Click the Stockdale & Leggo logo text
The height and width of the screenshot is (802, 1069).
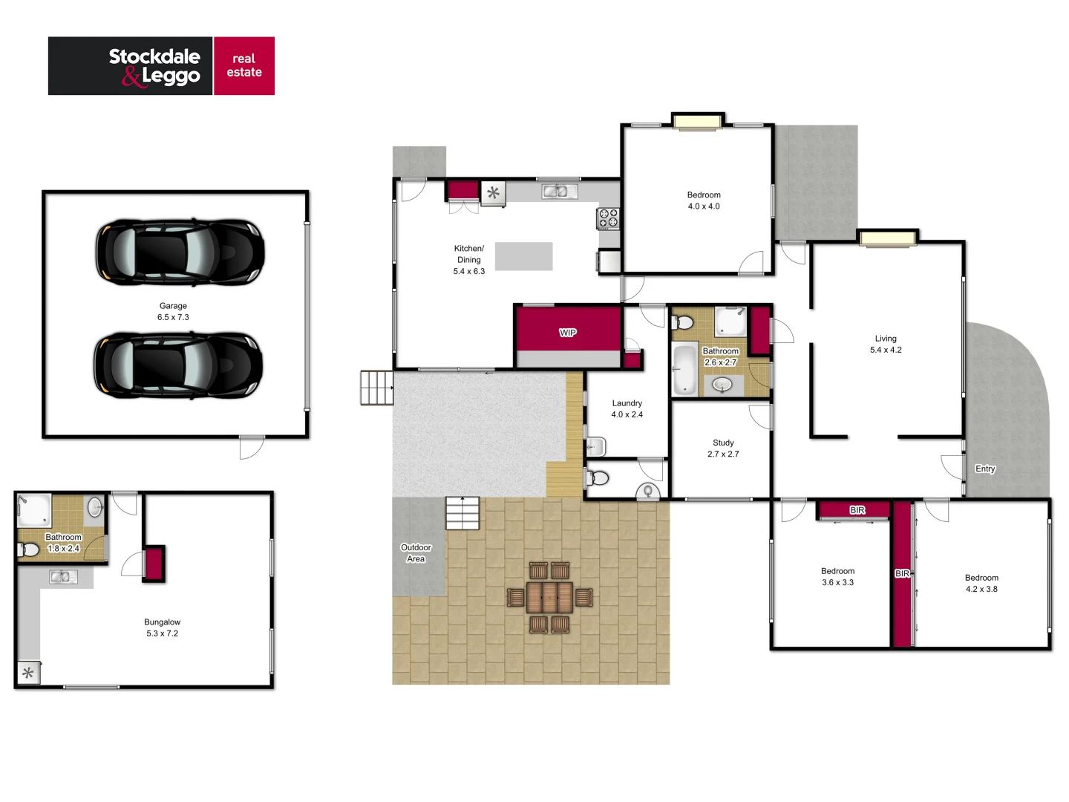tap(154, 66)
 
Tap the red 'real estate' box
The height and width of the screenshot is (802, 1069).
tap(244, 65)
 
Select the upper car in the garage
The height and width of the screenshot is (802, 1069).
tap(180, 252)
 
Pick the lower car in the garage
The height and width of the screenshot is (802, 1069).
tap(178, 365)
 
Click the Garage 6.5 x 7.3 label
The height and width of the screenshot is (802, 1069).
tap(173, 311)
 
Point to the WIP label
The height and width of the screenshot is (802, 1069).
tap(568, 333)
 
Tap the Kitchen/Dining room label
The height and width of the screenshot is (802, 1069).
tap(469, 260)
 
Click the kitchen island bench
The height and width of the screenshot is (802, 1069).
tap(524, 256)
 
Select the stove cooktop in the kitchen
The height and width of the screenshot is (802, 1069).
tap(609, 218)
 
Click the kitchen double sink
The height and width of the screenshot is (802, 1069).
tap(560, 192)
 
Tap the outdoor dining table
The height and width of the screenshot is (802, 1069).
tap(550, 597)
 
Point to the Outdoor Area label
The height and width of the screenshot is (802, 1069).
tap(416, 553)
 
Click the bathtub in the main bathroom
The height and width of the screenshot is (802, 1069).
tap(684, 369)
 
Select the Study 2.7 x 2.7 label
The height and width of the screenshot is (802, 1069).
tap(723, 448)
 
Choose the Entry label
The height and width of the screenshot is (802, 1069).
tap(985, 469)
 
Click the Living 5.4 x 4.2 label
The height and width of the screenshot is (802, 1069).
tap(886, 344)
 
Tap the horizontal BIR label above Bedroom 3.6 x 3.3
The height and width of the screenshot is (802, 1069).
tap(857, 510)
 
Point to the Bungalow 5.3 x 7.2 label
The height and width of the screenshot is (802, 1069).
tap(163, 627)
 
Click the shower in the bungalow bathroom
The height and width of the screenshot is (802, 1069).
tap(34, 510)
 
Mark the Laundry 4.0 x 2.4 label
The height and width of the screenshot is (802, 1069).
tap(627, 408)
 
